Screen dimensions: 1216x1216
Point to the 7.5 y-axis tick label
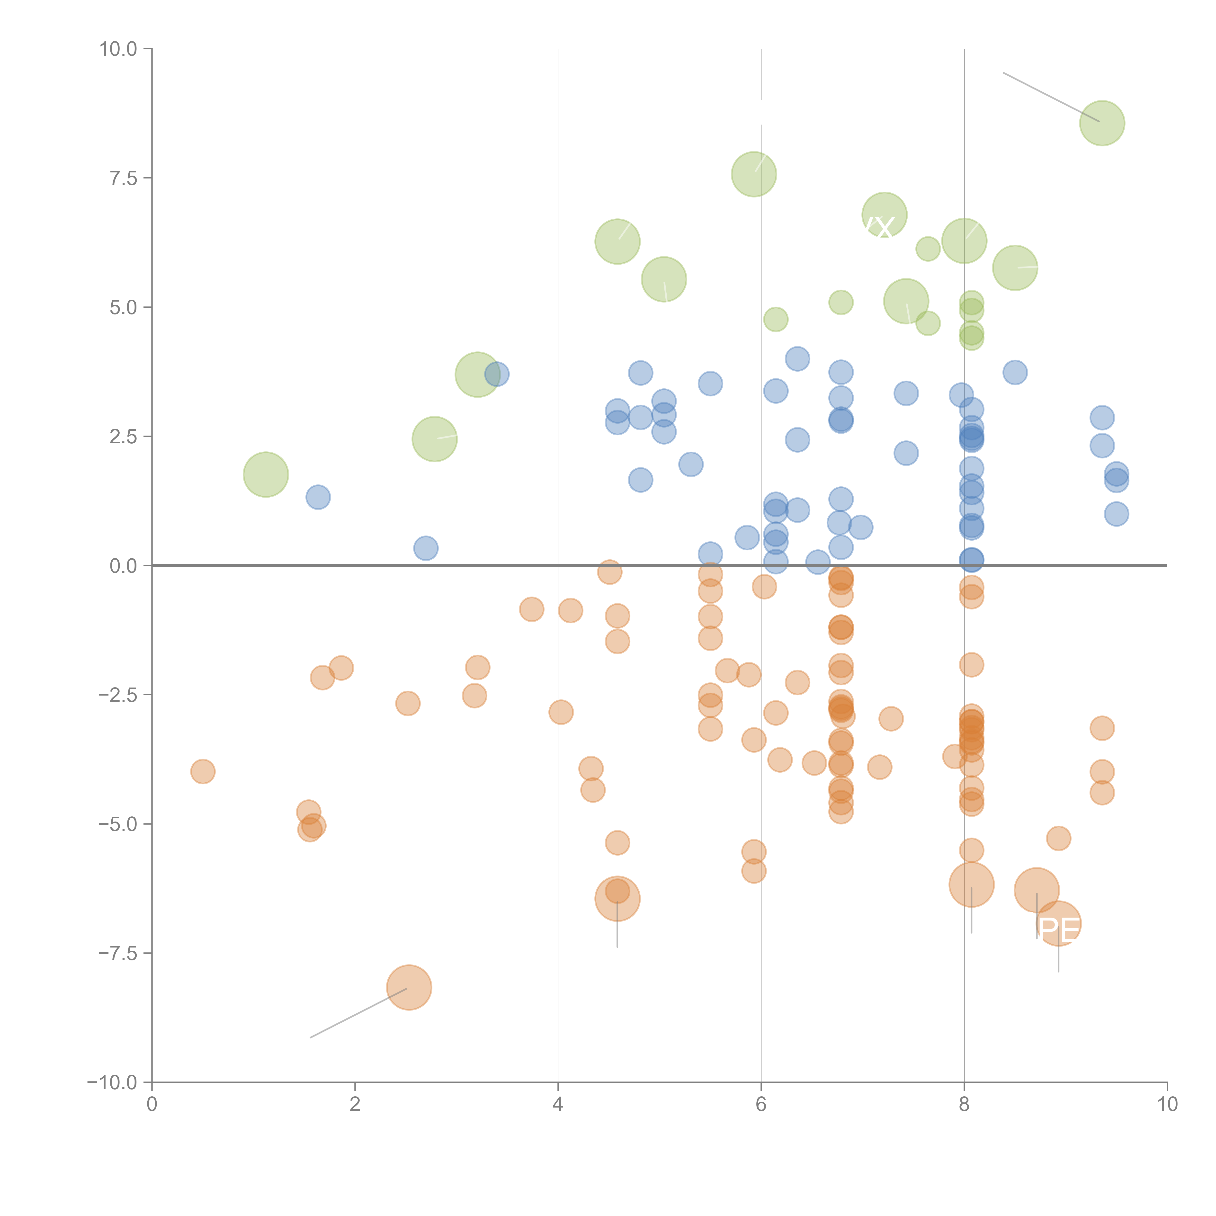coord(123,178)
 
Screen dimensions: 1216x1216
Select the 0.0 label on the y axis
coord(123,566)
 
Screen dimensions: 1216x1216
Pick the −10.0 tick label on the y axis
coord(112,1082)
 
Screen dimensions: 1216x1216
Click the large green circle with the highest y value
coord(1102,123)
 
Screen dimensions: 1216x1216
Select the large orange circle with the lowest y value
coord(409,987)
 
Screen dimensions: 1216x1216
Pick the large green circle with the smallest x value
coord(266,474)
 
